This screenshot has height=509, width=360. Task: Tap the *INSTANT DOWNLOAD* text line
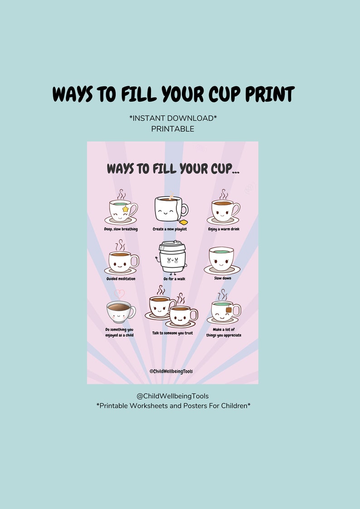(x=173, y=118)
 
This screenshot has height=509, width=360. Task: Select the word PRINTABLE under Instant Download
(x=173, y=129)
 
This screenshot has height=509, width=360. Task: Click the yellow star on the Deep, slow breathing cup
(x=125, y=209)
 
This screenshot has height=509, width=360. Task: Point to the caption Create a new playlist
(x=170, y=229)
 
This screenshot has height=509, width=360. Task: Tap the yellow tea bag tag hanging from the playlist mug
(x=184, y=222)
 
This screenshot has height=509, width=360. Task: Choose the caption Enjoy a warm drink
(x=224, y=229)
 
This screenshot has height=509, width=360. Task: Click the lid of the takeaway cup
(x=172, y=245)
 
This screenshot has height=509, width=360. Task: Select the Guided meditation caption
(x=121, y=279)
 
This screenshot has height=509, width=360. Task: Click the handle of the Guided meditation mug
(x=135, y=261)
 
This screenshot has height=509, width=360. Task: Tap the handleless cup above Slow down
(x=221, y=259)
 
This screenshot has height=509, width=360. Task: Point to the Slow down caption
(x=223, y=278)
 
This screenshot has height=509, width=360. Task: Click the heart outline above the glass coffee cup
(x=119, y=294)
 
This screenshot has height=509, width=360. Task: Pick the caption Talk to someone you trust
(x=172, y=333)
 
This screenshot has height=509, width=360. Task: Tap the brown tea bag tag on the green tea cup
(x=229, y=310)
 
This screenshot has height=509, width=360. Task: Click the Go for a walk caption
(x=174, y=279)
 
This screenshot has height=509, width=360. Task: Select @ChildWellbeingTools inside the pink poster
(x=171, y=371)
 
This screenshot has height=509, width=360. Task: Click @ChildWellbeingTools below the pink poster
(x=173, y=396)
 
